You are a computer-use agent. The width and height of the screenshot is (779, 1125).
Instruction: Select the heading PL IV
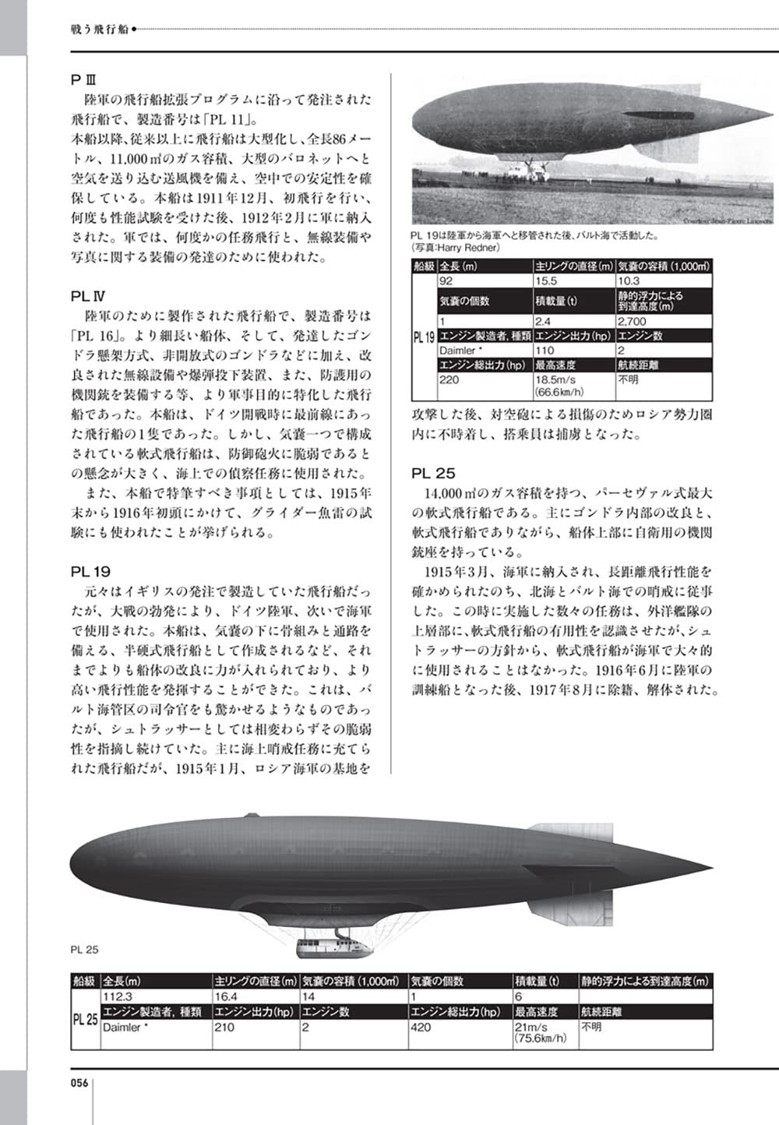point(87,296)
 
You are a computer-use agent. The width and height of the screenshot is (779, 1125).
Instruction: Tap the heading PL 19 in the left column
point(90,571)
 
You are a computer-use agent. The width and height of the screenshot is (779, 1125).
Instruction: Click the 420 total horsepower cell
point(421,1028)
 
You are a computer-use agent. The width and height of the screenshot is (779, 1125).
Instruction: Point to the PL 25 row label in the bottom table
point(85,1019)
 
